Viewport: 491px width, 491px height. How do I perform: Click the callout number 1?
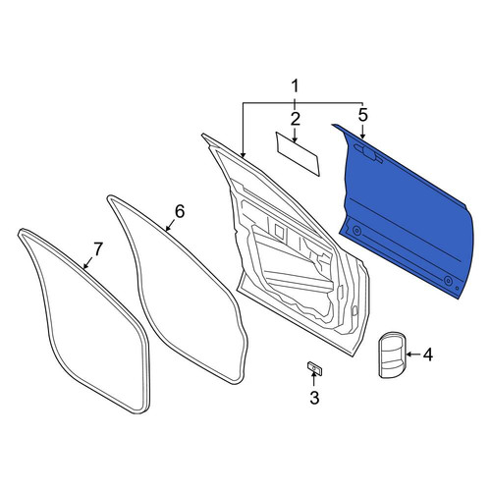pos(295,86)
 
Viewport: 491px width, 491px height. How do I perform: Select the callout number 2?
pos(295,119)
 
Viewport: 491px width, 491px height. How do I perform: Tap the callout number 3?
pos(314,398)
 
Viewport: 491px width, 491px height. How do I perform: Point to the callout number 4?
pos(428,355)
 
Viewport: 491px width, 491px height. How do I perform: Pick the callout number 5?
pos(362,115)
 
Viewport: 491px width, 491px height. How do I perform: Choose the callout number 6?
pos(180,211)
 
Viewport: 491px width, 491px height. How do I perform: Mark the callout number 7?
pos(98,248)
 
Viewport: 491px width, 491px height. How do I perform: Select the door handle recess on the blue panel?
pos(368,152)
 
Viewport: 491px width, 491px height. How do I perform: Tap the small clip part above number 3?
pos(315,368)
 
